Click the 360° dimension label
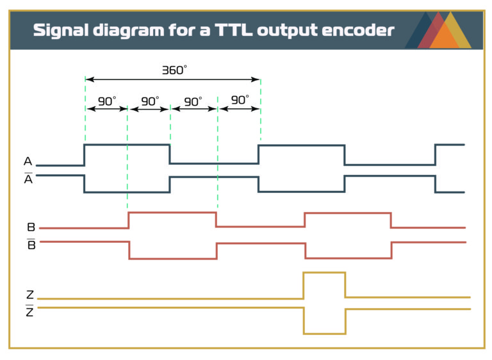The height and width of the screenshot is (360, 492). [174, 70]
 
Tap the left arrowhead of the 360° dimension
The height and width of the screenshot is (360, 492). [89, 79]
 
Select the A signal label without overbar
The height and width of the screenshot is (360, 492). [28, 161]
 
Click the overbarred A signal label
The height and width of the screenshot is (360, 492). [28, 179]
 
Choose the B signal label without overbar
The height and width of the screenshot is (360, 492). [31, 227]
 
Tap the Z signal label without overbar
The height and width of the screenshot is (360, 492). [30, 295]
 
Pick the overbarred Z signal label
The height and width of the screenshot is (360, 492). [30, 313]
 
